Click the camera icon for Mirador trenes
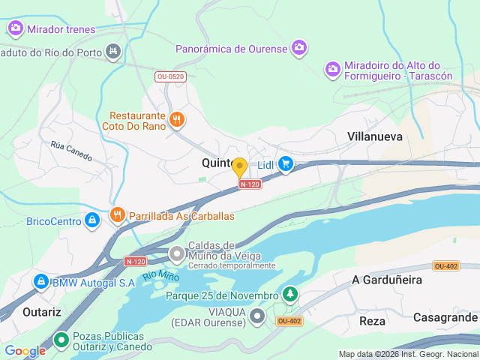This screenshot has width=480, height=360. point(16,29)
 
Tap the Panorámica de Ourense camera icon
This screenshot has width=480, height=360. point(299,48)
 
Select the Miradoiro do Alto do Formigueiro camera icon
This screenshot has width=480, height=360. point(333,69)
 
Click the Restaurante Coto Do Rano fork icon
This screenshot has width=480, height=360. point(177,119)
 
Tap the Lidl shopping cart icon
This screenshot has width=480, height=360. point(285,163)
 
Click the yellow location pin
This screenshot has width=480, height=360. point(239,167)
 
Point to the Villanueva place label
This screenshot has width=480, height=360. point(375,136)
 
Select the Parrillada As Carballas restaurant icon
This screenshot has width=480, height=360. point(118,215)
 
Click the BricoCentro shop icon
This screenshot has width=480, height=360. point(91,220)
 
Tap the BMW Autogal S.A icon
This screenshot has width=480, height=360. point(40,282)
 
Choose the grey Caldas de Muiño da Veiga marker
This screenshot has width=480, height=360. point(177,254)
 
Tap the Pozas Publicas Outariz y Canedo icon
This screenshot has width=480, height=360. point(61,340)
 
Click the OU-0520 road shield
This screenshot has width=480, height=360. point(170,76)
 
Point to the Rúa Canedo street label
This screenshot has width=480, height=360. point(70,151)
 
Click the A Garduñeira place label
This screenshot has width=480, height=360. point(387,280)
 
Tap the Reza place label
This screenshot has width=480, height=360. point(372,320)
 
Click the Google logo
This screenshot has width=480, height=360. point(25,350)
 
